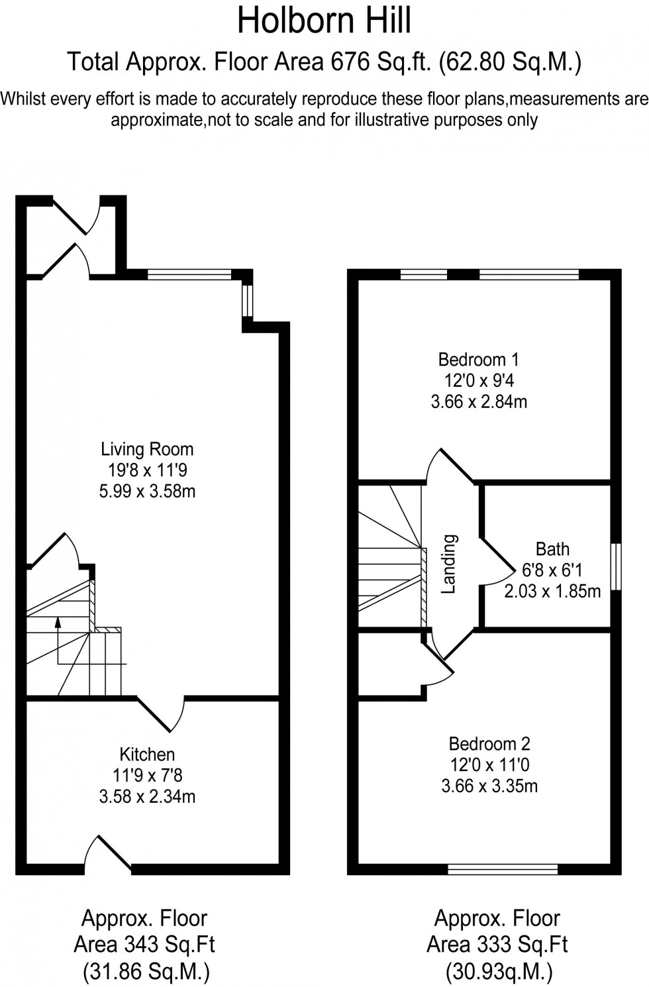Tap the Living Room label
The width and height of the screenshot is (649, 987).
pyautogui.click(x=147, y=449)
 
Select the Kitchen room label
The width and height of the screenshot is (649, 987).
pyautogui.click(x=147, y=754)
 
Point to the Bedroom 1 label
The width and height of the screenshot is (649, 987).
pyautogui.click(x=478, y=360)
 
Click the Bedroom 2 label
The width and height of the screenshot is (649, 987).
pyautogui.click(x=489, y=744)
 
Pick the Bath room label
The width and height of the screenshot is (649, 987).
pyautogui.click(x=552, y=549)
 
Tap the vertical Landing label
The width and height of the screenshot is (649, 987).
pyautogui.click(x=449, y=564)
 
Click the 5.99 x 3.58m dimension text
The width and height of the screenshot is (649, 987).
pyautogui.click(x=147, y=492)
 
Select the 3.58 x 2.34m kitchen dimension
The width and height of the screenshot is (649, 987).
pyautogui.click(x=147, y=796)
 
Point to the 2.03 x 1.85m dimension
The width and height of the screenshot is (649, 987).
pyautogui.click(x=552, y=591)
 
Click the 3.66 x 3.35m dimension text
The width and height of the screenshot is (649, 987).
pyautogui.click(x=489, y=786)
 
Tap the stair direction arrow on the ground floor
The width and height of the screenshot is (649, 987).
pyautogui.click(x=58, y=623)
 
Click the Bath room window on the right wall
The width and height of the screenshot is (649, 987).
pyautogui.click(x=616, y=566)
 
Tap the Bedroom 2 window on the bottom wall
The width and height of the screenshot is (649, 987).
pyautogui.click(x=503, y=869)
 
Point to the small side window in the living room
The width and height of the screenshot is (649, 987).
pyautogui.click(x=248, y=301)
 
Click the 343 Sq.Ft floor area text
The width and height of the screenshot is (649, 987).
pyautogui.click(x=144, y=944)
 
